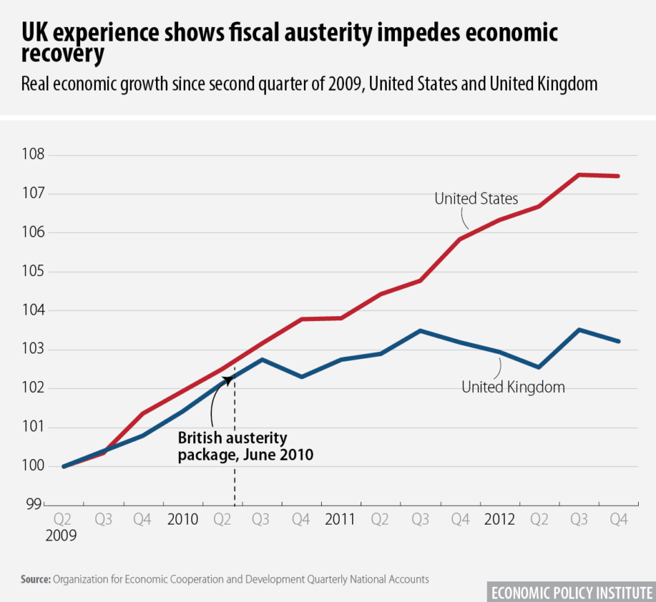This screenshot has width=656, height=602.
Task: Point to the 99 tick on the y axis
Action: [35, 505]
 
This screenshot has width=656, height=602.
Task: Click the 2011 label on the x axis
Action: [340, 518]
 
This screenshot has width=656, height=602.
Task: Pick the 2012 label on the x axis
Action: [499, 518]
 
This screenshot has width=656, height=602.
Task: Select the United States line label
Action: [476, 199]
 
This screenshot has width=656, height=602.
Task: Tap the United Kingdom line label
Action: [513, 387]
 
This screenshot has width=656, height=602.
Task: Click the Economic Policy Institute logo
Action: [570, 592]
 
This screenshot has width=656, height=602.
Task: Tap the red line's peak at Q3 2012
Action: [579, 175]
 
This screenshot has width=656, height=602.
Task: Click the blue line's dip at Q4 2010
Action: [301, 377]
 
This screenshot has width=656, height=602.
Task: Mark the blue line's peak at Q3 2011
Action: [421, 331]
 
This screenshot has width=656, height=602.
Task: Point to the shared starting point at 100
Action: [64, 466]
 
